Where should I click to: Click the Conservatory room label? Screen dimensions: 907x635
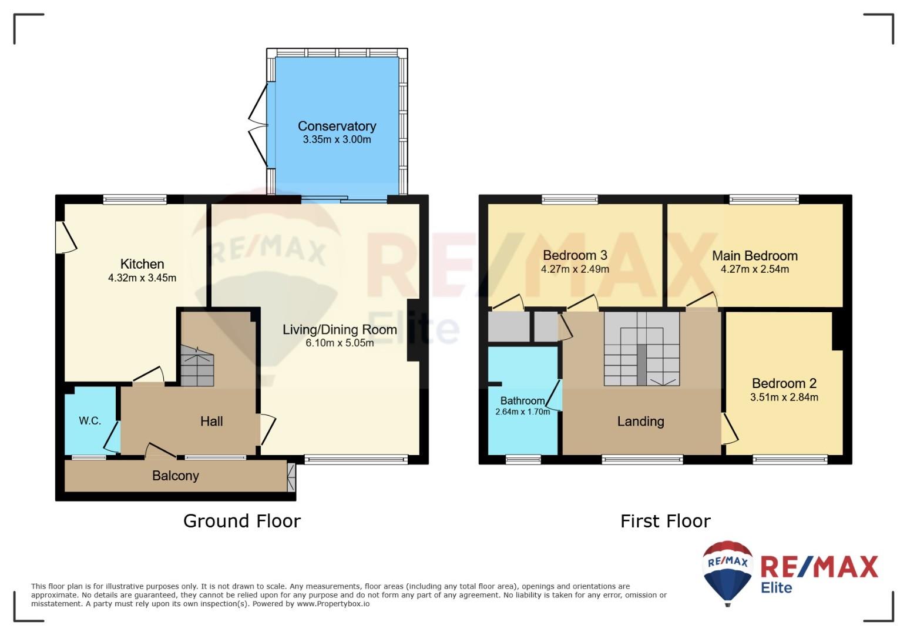point(337,126)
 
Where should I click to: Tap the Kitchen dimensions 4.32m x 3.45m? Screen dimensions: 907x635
point(142,278)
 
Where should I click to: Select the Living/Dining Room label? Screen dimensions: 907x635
point(340,329)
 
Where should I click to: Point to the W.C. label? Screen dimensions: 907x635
point(90,420)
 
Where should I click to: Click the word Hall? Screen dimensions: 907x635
point(211,422)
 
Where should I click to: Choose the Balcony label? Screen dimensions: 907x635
point(175,475)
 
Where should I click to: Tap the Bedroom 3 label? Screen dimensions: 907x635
point(575,255)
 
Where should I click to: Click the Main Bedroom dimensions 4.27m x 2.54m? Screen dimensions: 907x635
point(755,269)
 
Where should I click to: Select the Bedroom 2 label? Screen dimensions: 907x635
point(784,383)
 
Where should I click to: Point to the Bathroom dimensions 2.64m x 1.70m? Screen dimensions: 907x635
point(523,412)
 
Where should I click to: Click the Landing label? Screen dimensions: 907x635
point(640,422)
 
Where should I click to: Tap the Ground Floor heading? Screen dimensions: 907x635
point(242,521)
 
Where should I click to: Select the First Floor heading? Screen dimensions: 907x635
point(666,521)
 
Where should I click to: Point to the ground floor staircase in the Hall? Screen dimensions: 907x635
point(197,366)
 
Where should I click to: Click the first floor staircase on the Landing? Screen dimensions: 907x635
point(642,349)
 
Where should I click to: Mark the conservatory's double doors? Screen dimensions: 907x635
point(259,125)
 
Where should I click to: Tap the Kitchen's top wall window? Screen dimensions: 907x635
point(135,199)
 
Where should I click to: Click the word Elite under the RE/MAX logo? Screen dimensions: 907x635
point(776,587)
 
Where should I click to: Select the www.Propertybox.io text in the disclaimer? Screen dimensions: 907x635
point(333,604)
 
